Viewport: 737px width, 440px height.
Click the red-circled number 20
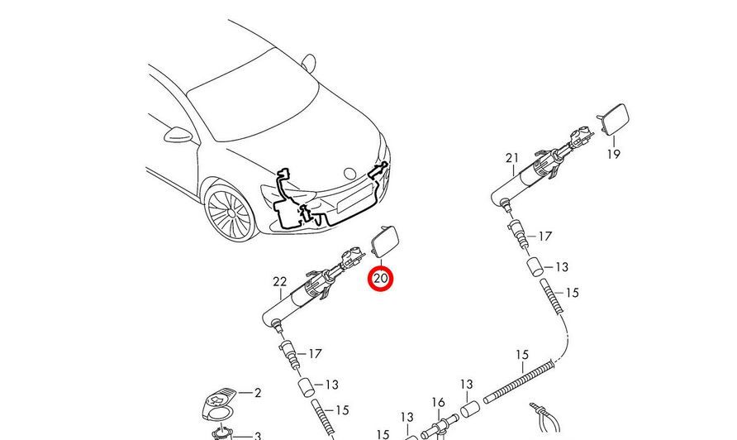[380, 279]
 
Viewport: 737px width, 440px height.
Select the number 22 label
[279, 282]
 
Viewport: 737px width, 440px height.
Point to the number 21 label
[512, 159]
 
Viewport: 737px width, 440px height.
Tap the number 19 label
[614, 154]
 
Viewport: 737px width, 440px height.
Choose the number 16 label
[438, 402]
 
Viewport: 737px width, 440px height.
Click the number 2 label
[258, 393]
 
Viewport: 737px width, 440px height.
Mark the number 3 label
[258, 436]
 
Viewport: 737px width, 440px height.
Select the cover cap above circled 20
[385, 241]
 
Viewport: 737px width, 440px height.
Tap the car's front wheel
[229, 213]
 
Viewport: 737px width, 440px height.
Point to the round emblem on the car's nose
[349, 173]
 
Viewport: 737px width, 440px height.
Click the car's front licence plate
[355, 198]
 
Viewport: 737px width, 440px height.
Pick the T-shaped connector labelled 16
[440, 426]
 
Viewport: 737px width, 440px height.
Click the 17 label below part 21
[544, 237]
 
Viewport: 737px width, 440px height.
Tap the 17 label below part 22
[315, 353]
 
